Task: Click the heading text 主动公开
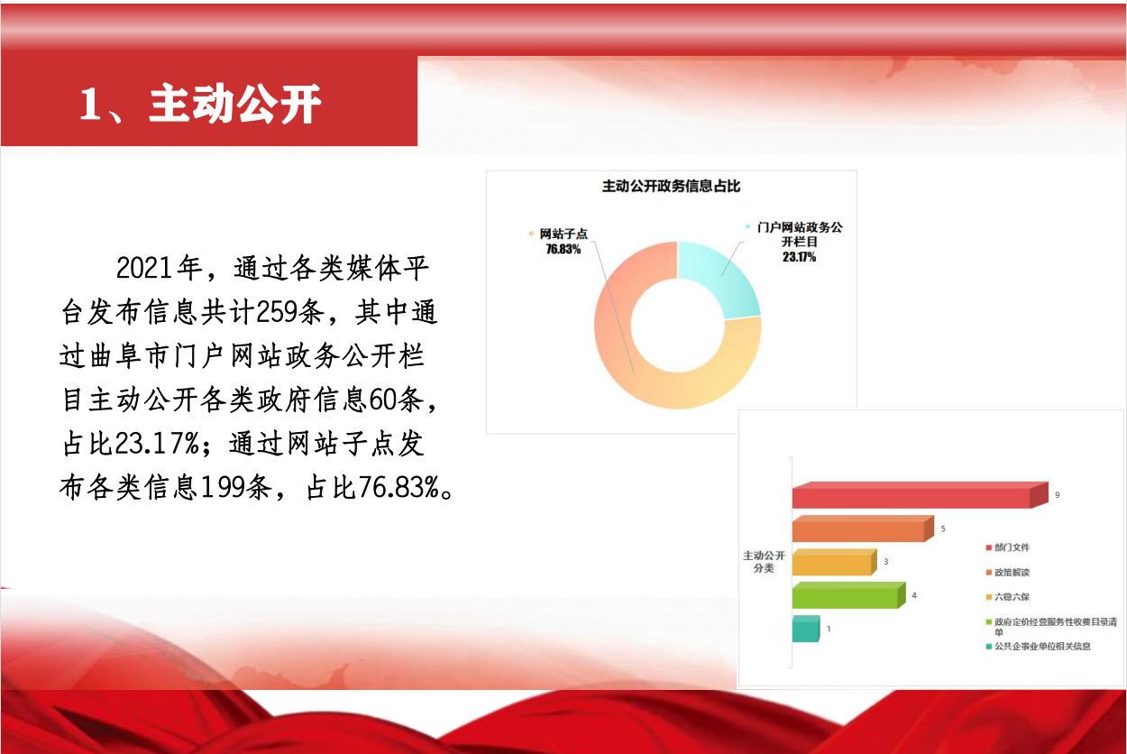pyautogui.click(x=235, y=104)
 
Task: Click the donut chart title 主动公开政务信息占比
pyautogui.click(x=671, y=186)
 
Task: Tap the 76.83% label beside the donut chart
pyautogui.click(x=563, y=249)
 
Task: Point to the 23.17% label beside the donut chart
pyautogui.click(x=799, y=257)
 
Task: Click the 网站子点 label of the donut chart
pyautogui.click(x=563, y=234)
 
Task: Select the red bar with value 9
pyautogui.click(x=921, y=495)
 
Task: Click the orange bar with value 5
pyautogui.click(x=863, y=529)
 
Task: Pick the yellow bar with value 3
pyautogui.click(x=834, y=562)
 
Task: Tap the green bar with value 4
pyautogui.click(x=848, y=595)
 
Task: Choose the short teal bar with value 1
pyautogui.click(x=806, y=629)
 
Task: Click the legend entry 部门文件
pyautogui.click(x=1008, y=547)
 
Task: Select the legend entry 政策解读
pyautogui.click(x=1008, y=573)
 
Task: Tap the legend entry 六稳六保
pyautogui.click(x=1008, y=597)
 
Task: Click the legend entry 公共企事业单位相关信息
pyautogui.click(x=1039, y=647)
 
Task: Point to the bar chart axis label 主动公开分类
pyautogui.click(x=764, y=562)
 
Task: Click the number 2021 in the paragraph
pyautogui.click(x=145, y=268)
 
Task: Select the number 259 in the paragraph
pyautogui.click(x=277, y=312)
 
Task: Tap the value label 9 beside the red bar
pyautogui.click(x=1058, y=495)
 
